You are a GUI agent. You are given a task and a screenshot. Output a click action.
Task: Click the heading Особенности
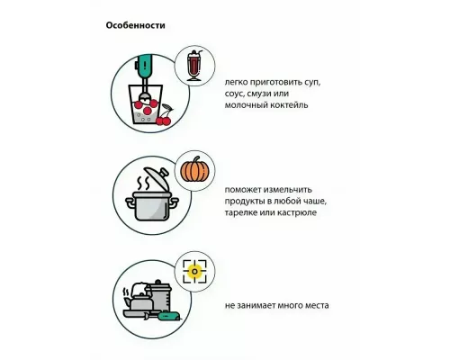[x=135, y=25]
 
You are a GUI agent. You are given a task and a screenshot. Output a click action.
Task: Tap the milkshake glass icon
[x=194, y=66]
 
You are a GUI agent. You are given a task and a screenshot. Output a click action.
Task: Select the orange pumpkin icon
[x=194, y=169]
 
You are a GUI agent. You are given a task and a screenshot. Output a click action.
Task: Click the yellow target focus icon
[x=194, y=272]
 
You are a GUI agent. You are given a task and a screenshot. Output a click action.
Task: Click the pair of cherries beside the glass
[x=164, y=115]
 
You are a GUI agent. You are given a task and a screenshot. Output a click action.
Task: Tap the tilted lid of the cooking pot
[x=157, y=178]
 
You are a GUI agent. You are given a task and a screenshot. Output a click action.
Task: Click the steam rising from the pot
[x=143, y=184]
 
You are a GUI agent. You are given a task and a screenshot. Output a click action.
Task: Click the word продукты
[x=244, y=202]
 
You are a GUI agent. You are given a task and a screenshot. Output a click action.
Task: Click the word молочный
[x=241, y=105]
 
